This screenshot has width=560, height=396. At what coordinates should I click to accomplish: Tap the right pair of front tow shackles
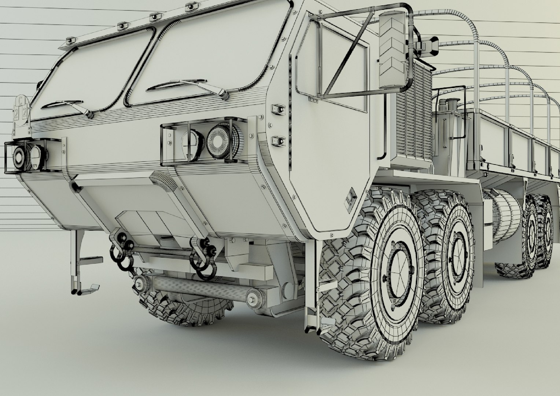coord(203,257)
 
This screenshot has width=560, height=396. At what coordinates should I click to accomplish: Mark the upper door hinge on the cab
coord(278,109)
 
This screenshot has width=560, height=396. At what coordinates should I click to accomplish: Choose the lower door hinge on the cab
coord(278,140)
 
